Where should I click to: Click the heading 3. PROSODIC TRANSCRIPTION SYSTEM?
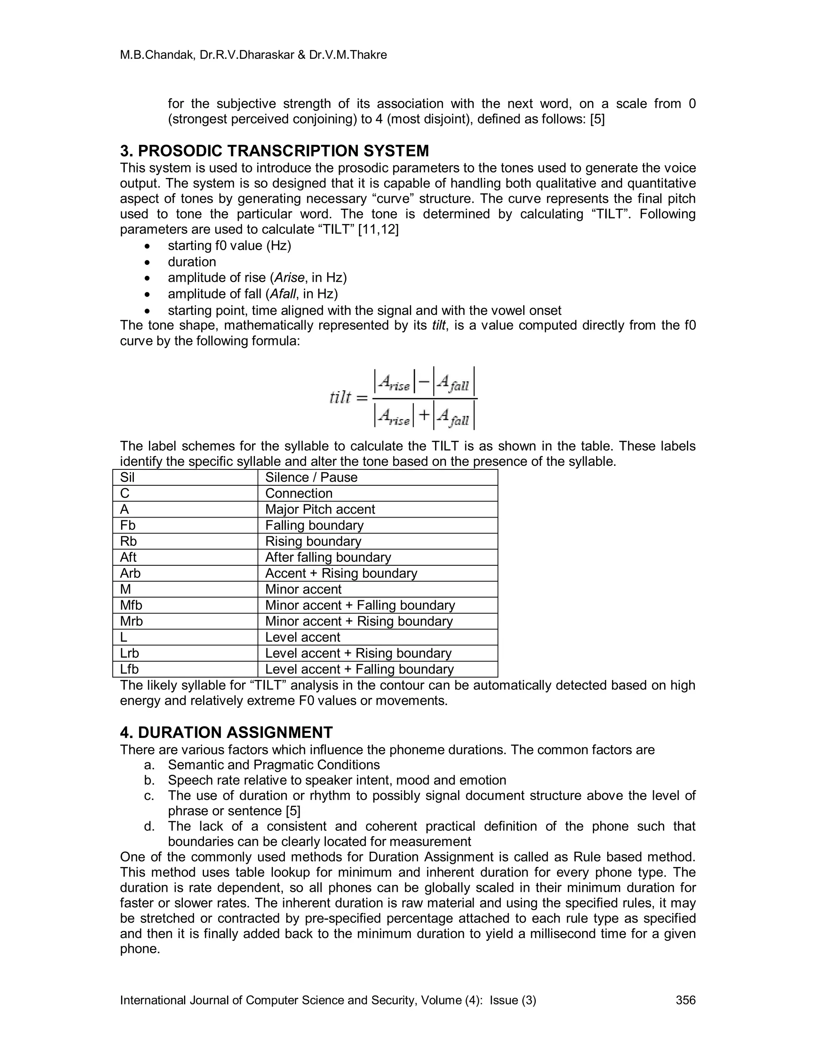pos(274,151)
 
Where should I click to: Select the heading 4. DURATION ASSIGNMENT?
pos(226,732)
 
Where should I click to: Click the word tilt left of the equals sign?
pos(340,398)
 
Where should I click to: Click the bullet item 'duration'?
pos(192,262)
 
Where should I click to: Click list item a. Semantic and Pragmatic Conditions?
pos(274,765)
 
